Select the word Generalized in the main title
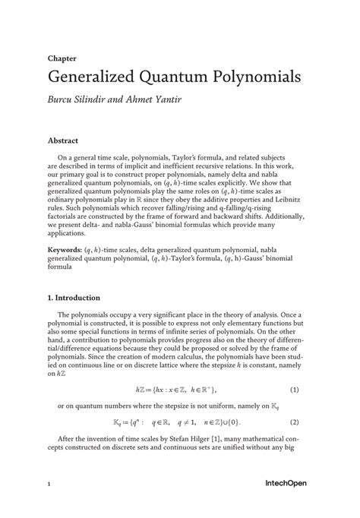(91, 77)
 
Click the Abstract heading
(64, 141)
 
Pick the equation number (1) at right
(295, 390)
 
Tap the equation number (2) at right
(295, 422)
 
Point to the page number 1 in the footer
(49, 482)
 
